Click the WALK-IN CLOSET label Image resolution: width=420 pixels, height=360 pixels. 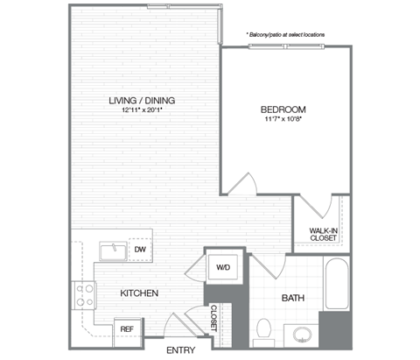(x=323, y=235)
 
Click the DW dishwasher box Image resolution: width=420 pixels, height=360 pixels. (x=139, y=251)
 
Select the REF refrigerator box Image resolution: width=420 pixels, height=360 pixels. (x=128, y=328)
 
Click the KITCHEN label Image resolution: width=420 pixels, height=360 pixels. (x=138, y=293)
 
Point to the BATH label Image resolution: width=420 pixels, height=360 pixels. (x=292, y=299)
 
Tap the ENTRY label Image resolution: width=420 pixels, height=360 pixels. (x=180, y=350)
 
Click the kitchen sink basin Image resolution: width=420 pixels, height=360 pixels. (x=114, y=252)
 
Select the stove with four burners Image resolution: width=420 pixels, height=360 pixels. (x=86, y=294)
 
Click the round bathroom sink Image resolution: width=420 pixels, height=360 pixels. (x=303, y=335)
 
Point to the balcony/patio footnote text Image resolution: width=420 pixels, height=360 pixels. (x=285, y=34)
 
